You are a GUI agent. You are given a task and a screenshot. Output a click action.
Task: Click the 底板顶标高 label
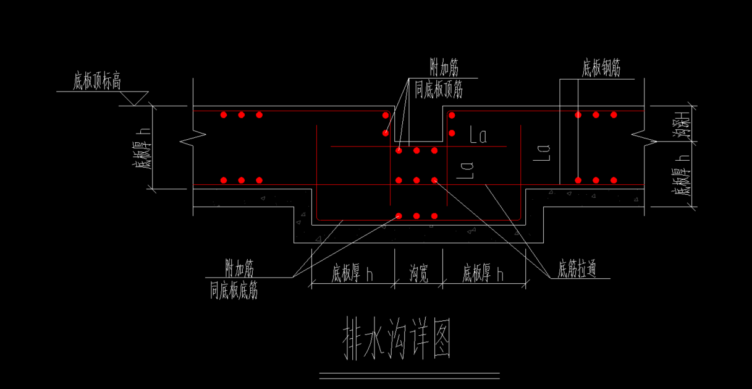[x=97, y=82]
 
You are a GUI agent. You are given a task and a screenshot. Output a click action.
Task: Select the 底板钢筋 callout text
[x=601, y=68]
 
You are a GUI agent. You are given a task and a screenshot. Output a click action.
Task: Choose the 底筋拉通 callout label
[x=577, y=270]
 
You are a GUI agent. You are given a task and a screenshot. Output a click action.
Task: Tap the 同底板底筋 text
[x=233, y=290]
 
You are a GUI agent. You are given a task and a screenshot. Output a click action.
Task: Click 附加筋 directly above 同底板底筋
[x=239, y=268]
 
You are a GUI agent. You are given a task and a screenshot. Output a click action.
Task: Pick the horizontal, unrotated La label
[x=478, y=136]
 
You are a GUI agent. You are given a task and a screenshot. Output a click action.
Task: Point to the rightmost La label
[x=542, y=152]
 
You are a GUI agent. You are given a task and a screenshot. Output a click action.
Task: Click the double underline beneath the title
[x=409, y=375]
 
